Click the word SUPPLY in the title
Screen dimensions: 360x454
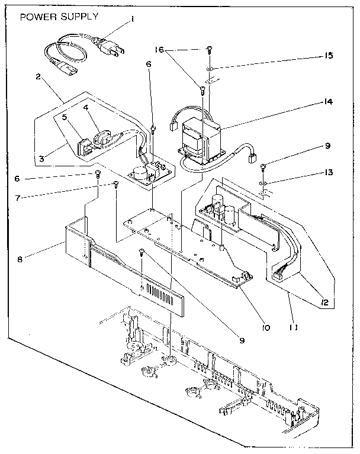tap(79, 17)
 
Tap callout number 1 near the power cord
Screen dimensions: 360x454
tap(132, 20)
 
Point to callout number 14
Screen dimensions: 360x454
tap(328, 102)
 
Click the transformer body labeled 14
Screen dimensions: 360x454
tap(200, 141)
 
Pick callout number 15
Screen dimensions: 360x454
tap(328, 55)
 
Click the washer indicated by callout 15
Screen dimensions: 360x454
tap(209, 69)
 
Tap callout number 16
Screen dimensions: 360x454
tap(159, 50)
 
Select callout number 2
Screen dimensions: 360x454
tap(38, 77)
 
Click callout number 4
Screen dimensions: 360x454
tap(85, 107)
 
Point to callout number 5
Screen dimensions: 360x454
tap(65, 117)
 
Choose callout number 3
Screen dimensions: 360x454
tap(41, 159)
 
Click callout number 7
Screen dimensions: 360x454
tap(18, 198)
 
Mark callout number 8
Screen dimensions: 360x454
tap(20, 259)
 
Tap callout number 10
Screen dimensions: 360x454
tap(266, 327)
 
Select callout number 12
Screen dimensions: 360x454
tap(325, 302)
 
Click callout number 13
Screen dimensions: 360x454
tap(328, 173)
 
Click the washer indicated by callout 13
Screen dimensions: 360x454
tap(263, 183)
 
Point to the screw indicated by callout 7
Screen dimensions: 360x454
tap(116, 184)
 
